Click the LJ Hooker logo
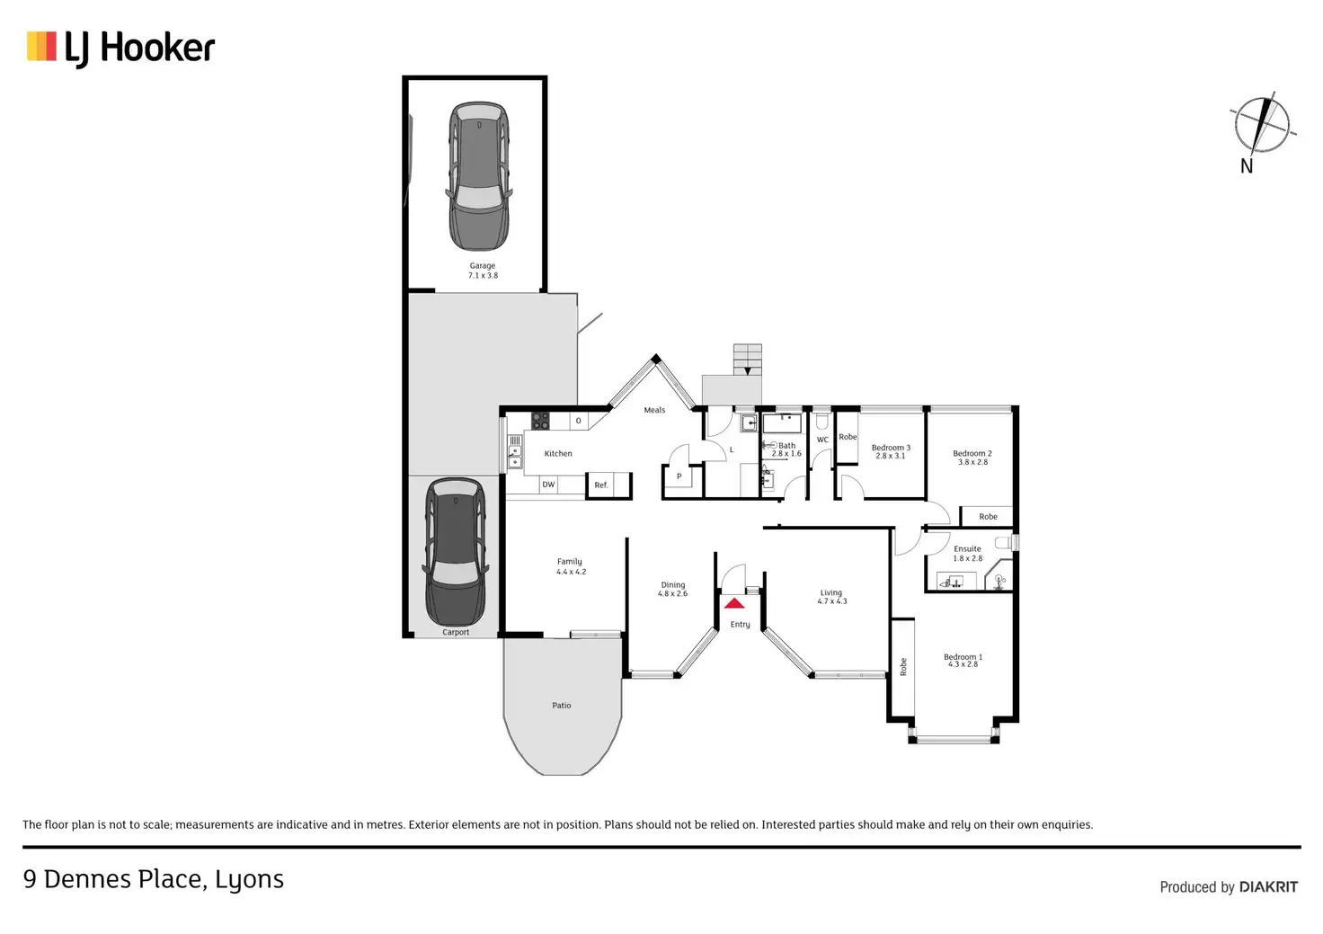(121, 48)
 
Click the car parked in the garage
(479, 176)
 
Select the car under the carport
(456, 551)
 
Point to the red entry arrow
(734, 603)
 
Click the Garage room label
(483, 266)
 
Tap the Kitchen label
(558, 454)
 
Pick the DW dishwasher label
(548, 485)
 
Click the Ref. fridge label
(601, 485)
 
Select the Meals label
(654, 410)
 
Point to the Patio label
(562, 706)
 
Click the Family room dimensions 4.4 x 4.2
(571, 572)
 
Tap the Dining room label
(673, 585)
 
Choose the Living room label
(831, 593)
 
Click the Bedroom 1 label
(963, 657)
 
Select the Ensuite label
(968, 548)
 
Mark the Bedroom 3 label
(891, 448)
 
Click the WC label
(822, 440)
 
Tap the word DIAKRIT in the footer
(1268, 887)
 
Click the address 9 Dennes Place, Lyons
(154, 879)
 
